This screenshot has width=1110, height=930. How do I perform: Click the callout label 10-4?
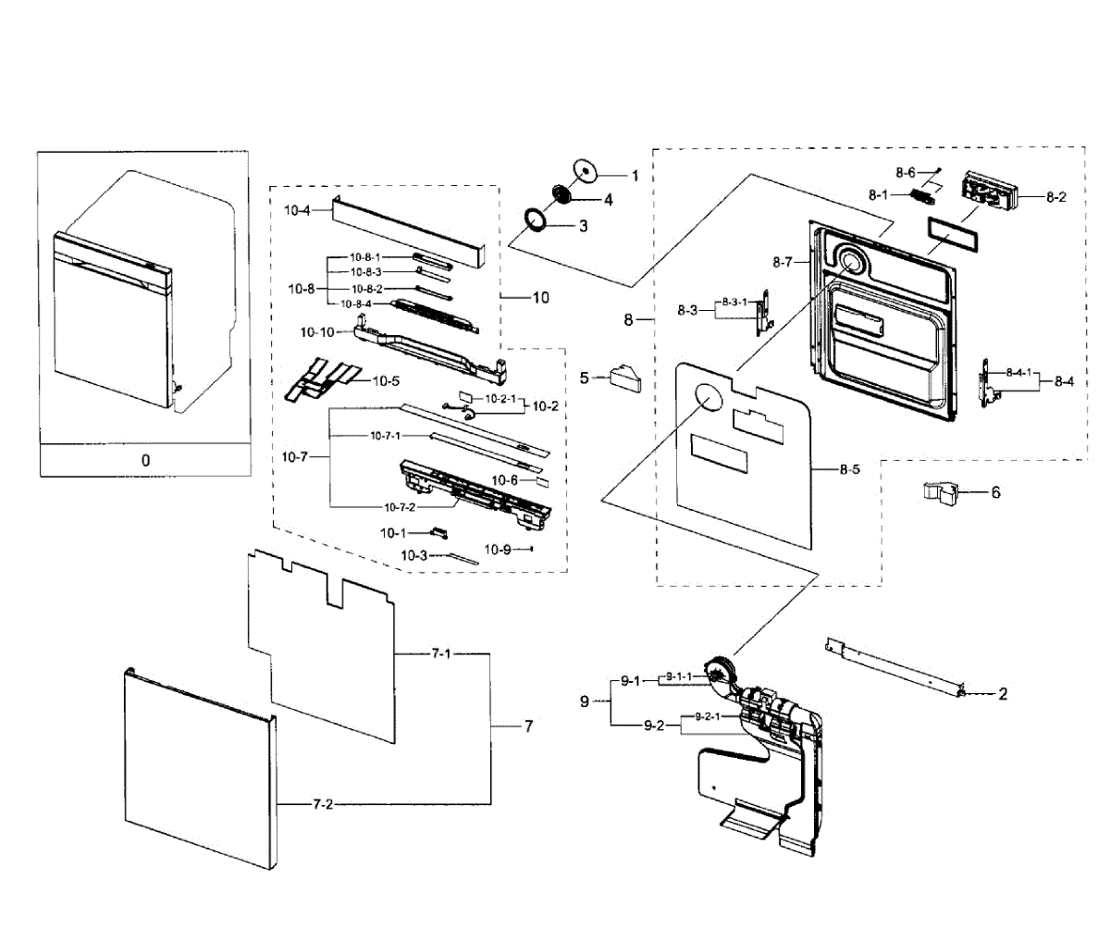[297, 211]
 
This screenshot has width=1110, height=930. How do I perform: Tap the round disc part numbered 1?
[586, 171]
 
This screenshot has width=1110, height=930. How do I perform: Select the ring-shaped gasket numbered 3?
[535, 219]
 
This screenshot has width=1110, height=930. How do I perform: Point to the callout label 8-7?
[782, 262]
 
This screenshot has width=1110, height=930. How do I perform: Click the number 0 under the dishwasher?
[145, 460]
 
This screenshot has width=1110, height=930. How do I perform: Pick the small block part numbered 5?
[625, 378]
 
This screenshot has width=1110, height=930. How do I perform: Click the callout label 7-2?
[323, 804]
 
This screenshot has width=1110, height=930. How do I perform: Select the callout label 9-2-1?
[708, 716]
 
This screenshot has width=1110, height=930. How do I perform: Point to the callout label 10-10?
[317, 332]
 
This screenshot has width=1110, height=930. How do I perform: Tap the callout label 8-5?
[849, 469]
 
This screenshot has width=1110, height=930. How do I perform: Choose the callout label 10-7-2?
[400, 507]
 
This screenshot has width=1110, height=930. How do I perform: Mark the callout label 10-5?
[386, 381]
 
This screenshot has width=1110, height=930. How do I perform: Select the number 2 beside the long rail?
[1003, 694]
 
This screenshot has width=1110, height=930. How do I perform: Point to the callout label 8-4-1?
[1018, 373]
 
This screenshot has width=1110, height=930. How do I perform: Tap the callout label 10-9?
[498, 550]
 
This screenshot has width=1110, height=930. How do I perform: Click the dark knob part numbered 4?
[561, 193]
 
